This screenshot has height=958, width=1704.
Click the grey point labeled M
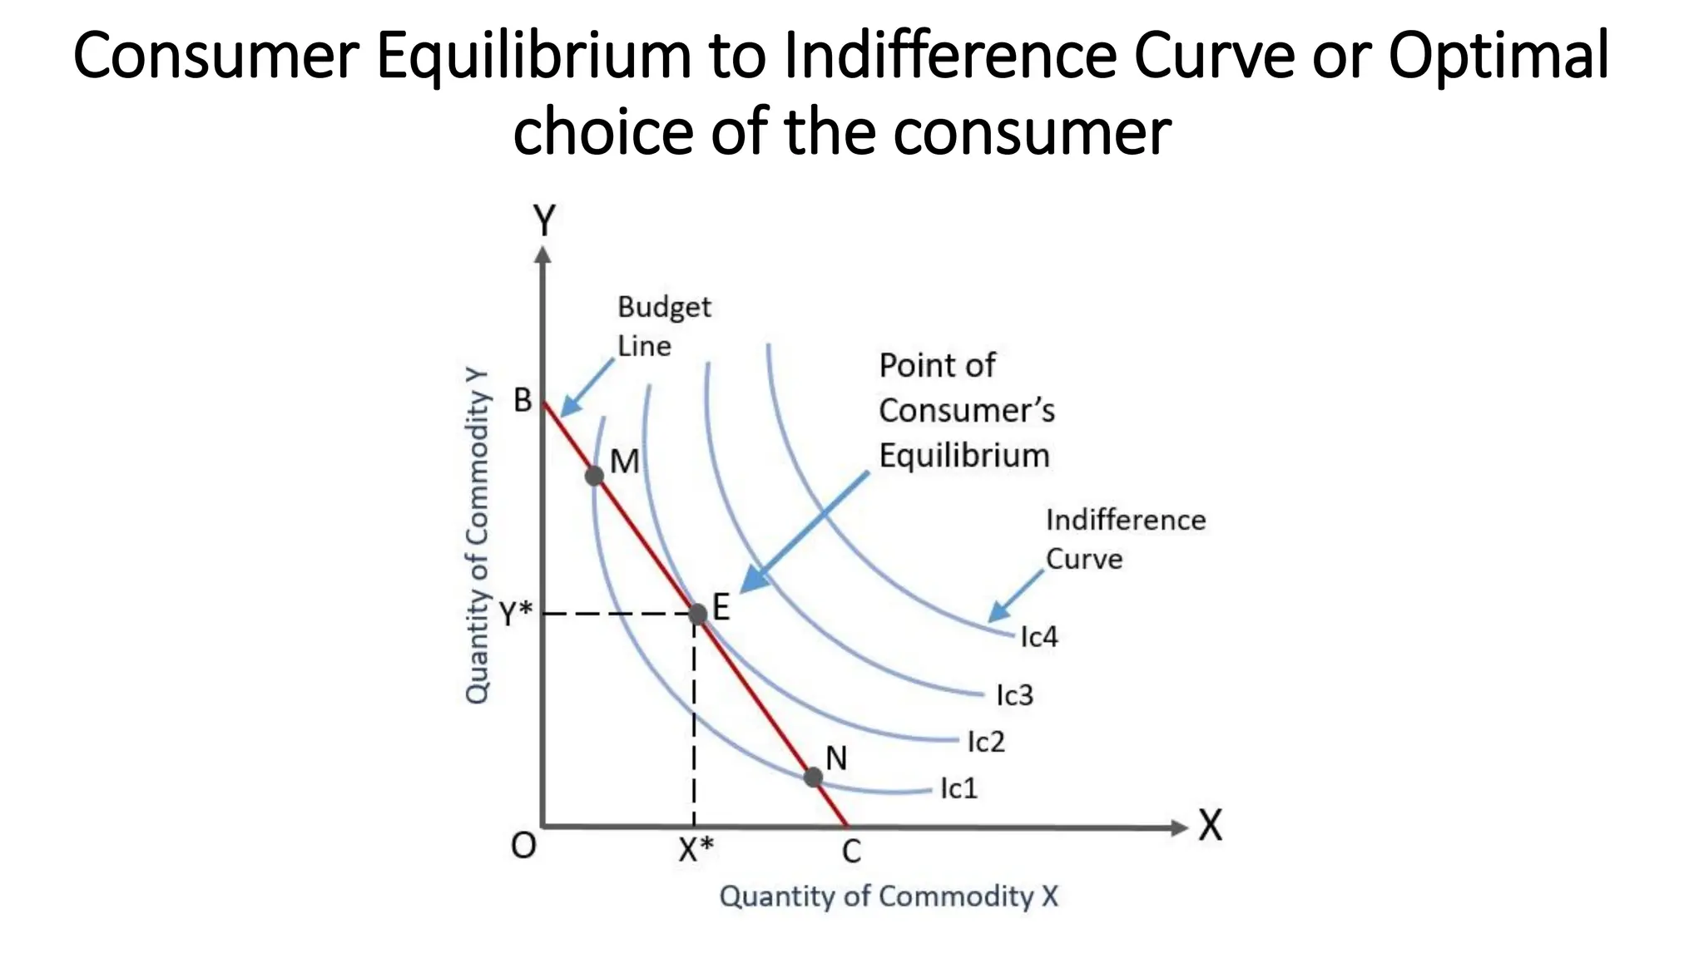coord(594,476)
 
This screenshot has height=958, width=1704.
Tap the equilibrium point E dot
coord(697,614)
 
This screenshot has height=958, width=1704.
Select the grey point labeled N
coord(814,778)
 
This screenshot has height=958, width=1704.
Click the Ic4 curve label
coord(1039,637)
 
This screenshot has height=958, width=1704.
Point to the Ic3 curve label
coord(1015,695)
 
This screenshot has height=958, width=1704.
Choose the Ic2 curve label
coord(986,742)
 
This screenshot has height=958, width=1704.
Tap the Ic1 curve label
coord(958,788)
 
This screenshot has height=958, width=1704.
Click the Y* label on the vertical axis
coord(516,615)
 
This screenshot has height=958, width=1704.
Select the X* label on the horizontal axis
coord(696,850)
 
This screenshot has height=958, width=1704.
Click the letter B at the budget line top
coord(523,401)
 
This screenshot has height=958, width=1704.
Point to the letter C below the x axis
coord(851,852)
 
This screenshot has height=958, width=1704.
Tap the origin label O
coord(523,847)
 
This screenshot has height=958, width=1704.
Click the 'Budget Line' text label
coord(663,326)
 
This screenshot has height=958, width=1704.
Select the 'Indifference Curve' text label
coord(1124,539)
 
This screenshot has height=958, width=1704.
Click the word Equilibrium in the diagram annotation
coord(964,456)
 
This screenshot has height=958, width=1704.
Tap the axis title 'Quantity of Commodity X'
coord(889,896)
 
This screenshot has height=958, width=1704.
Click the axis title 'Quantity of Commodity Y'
coord(477,536)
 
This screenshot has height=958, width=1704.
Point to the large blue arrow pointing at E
coord(803,532)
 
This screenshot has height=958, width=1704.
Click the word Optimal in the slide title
coord(1498,56)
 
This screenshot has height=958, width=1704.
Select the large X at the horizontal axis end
coord(1211,827)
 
